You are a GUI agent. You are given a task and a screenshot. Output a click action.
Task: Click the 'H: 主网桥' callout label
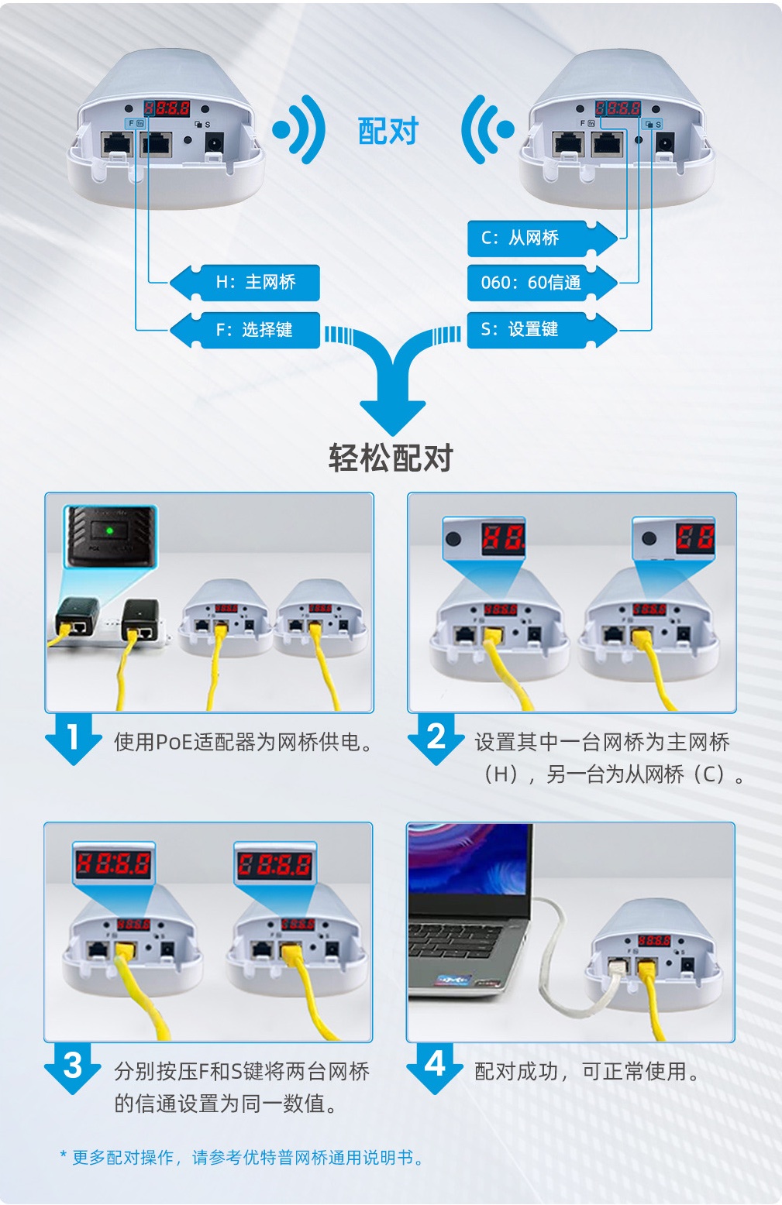(246, 283)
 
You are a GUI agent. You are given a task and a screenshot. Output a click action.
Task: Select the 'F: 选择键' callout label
(246, 330)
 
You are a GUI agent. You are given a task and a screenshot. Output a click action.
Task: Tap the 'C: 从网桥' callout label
(542, 239)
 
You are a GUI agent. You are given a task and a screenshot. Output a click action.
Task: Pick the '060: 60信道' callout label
(542, 283)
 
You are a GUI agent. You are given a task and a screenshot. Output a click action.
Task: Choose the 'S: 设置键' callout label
(542, 330)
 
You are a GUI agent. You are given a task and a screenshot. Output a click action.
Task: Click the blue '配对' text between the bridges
(388, 131)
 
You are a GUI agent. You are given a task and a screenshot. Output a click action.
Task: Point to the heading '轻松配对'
(391, 458)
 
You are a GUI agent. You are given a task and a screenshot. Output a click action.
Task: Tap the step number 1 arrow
(73, 739)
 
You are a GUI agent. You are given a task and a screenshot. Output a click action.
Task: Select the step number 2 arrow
(436, 739)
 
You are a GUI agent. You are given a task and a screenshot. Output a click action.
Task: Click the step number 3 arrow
(73, 1069)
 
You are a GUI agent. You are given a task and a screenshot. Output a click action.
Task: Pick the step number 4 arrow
(435, 1069)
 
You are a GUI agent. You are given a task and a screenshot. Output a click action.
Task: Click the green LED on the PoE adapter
(110, 531)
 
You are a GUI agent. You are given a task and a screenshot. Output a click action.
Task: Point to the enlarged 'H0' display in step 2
(503, 538)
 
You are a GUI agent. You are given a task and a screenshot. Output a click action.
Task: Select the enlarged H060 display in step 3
(114, 864)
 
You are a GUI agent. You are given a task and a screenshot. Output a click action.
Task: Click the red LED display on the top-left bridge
(167, 108)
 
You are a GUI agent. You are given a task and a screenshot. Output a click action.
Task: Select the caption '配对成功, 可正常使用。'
(587, 1072)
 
